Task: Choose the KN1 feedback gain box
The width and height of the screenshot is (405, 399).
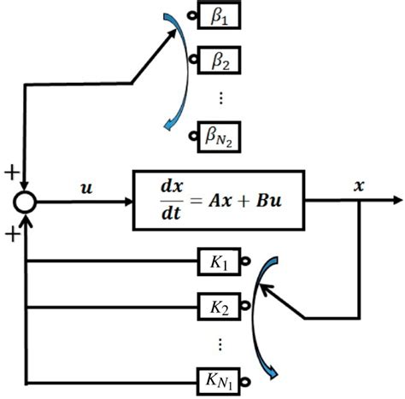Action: (x=217, y=376)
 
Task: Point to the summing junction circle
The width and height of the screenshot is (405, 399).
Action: (x=26, y=202)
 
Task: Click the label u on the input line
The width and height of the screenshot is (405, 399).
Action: (x=87, y=185)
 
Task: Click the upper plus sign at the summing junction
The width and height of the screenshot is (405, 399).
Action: (x=10, y=173)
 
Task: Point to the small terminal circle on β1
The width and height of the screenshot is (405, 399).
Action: (x=195, y=17)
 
